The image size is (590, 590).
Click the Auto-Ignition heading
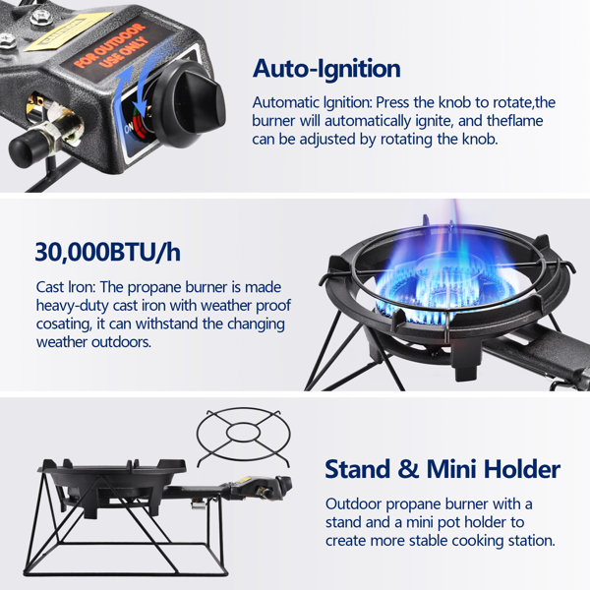click(x=325, y=69)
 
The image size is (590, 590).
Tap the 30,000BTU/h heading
click(x=108, y=252)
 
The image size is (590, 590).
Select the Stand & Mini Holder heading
click(x=442, y=468)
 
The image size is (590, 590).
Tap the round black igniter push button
click(x=27, y=147)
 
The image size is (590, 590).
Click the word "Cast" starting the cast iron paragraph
click(x=52, y=287)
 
